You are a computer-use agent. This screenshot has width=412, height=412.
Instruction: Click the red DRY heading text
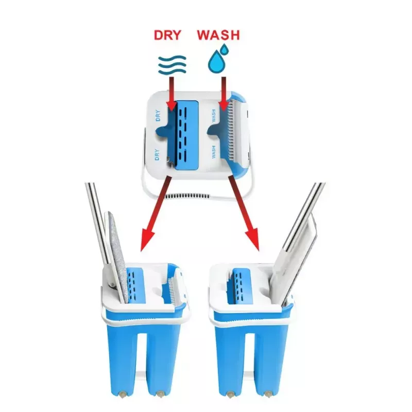[167, 35]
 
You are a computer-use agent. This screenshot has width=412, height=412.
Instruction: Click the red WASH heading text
[218, 35]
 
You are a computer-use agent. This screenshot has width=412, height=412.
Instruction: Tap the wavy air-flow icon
[172, 65]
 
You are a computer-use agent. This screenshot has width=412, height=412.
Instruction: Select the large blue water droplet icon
[216, 62]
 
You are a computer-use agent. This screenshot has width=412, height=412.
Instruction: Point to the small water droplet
[224, 49]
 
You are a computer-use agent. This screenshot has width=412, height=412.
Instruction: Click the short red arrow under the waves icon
[172, 94]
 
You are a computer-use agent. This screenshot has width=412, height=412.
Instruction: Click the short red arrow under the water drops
[224, 94]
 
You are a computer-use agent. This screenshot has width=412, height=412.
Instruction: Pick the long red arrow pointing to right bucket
[244, 213]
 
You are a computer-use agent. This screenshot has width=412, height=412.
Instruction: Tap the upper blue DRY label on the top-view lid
[158, 115]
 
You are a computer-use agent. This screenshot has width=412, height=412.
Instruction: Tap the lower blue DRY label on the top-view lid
[157, 154]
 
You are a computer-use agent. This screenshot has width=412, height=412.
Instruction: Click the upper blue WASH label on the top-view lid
[214, 116]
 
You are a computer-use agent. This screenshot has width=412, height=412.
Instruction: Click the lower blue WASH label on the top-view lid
[214, 151]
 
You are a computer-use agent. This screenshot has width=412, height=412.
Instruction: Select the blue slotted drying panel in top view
[186, 135]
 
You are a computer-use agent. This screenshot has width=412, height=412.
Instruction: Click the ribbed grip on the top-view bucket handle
[188, 196]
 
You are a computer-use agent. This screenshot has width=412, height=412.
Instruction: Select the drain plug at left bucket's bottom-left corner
[123, 394]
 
